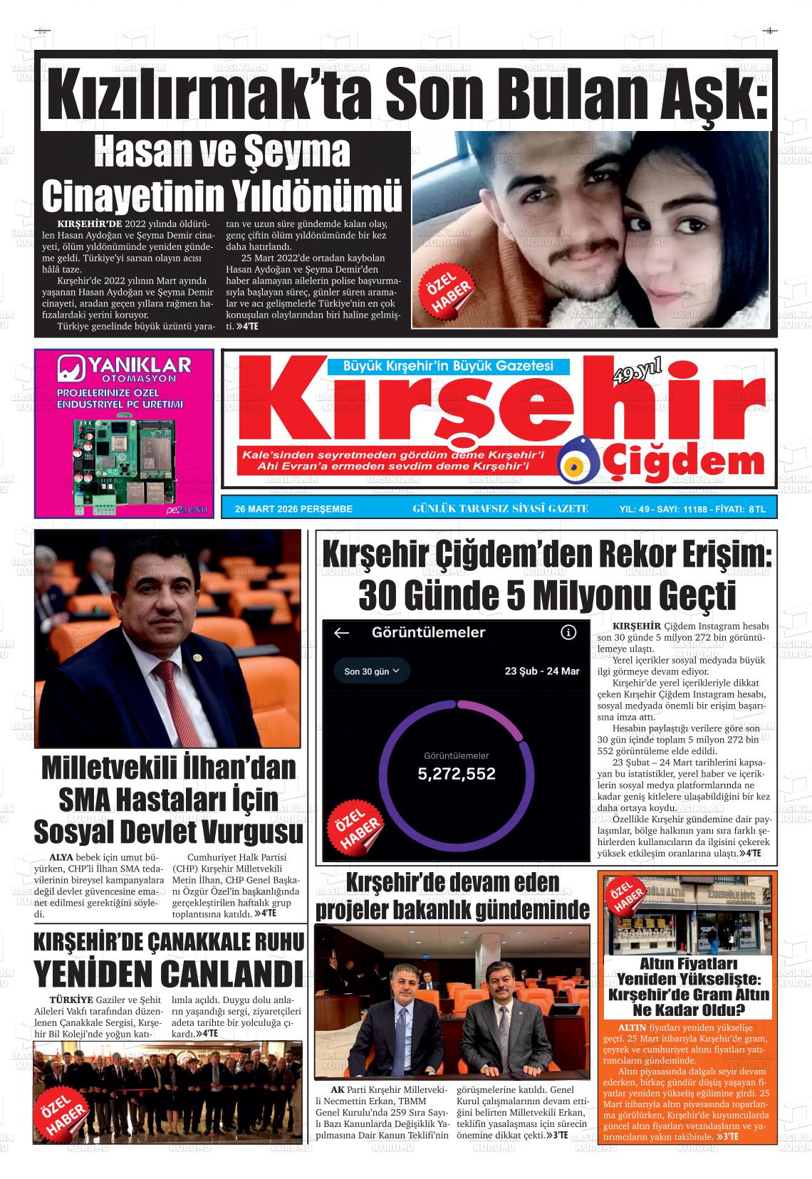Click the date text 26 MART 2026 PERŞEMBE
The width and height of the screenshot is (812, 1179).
[293, 509]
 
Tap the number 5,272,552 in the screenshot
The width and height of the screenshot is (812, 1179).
[457, 774]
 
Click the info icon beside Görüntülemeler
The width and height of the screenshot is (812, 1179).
[568, 632]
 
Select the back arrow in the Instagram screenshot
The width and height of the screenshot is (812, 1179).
[342, 633]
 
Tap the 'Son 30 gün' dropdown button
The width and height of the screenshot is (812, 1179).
[372, 671]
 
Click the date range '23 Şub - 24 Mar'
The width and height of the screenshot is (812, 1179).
[542, 671]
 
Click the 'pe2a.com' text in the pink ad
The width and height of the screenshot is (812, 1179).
[187, 509]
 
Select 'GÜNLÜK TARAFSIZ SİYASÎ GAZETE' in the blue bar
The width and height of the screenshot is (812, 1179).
[500, 508]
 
